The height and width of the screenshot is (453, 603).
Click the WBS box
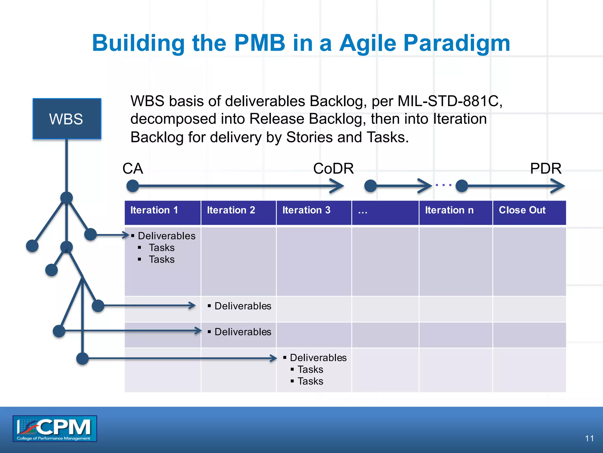click(x=67, y=119)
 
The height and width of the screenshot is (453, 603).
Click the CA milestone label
click(x=133, y=169)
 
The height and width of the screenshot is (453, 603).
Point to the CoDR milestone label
click(x=333, y=169)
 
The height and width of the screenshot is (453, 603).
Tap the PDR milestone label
click(x=546, y=169)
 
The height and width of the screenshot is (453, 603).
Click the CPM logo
click(x=55, y=429)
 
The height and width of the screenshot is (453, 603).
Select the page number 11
click(x=589, y=438)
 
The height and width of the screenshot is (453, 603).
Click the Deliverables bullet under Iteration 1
click(x=166, y=236)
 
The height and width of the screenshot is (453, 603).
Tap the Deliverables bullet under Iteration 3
click(x=318, y=358)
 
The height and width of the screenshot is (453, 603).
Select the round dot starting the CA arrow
click(x=132, y=186)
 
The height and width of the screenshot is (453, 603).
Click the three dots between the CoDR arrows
click(x=443, y=185)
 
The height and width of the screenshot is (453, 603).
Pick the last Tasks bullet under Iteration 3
click(x=310, y=381)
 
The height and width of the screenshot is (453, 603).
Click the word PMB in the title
click(x=260, y=43)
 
